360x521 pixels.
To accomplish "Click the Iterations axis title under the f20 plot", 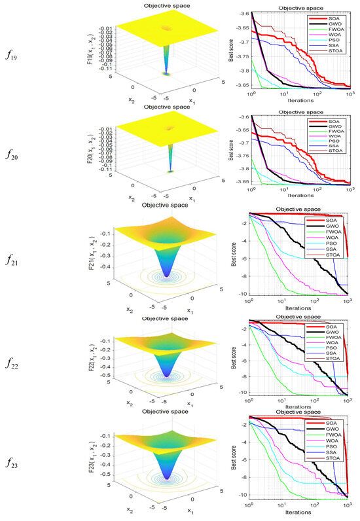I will coord(300,196).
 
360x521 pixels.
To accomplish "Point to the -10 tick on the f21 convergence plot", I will coord(243,294).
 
